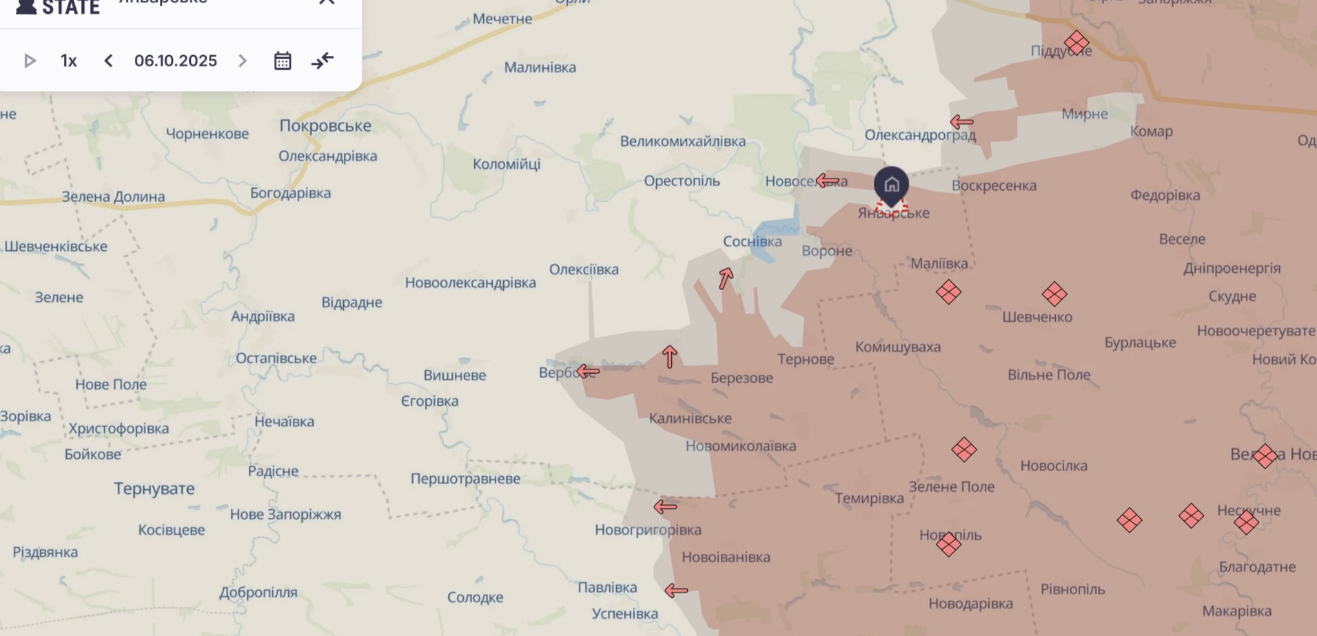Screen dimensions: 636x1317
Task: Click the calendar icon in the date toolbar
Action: [x=283, y=61]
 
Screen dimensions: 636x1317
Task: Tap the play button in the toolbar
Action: [x=30, y=61]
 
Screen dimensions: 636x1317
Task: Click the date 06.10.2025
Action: [x=175, y=61]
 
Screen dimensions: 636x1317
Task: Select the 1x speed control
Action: [x=68, y=61]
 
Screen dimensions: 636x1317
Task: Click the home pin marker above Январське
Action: [x=891, y=185]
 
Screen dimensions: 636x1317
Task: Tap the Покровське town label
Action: [x=325, y=125]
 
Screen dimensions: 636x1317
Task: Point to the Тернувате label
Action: [x=154, y=489]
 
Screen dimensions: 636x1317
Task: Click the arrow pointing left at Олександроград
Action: [x=961, y=123]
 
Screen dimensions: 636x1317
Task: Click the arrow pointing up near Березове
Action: [x=669, y=357]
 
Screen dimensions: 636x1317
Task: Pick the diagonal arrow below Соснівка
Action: [x=726, y=278]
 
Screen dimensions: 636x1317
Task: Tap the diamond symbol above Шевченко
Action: [x=1054, y=294]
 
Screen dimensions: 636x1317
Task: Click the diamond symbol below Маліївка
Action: [x=948, y=292]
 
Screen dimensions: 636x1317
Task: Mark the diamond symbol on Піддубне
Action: [x=1076, y=43]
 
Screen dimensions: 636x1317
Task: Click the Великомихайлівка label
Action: [x=682, y=141]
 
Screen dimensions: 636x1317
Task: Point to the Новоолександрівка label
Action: [x=470, y=283]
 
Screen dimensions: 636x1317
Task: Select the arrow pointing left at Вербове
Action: [x=588, y=372]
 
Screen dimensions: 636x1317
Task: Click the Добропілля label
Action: [x=258, y=593]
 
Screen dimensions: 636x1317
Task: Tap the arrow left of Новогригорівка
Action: [x=665, y=507]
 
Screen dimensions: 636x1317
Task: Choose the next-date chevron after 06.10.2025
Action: [x=243, y=61]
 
